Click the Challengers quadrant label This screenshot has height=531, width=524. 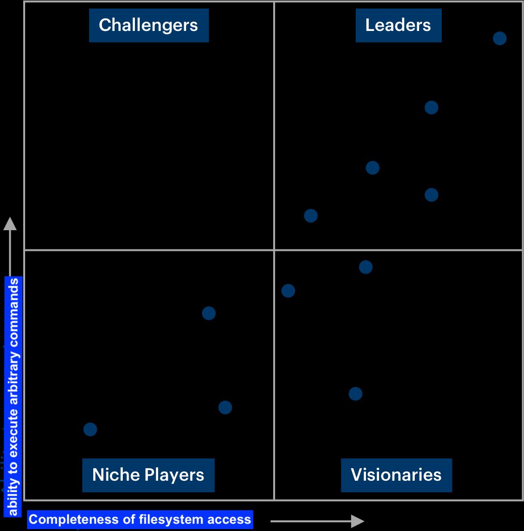[148, 25]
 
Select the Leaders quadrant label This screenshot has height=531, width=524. [398, 25]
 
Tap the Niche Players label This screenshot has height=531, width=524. [148, 475]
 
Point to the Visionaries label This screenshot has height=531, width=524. [396, 475]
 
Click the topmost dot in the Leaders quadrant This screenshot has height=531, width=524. [499, 38]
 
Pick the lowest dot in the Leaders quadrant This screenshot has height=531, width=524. [311, 216]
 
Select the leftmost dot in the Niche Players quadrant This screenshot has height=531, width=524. [90, 429]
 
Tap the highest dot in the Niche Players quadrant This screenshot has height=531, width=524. [209, 313]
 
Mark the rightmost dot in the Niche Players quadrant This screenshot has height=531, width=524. [225, 408]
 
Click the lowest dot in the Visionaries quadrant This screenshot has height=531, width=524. [355, 394]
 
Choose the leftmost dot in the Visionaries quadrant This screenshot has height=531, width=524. [288, 291]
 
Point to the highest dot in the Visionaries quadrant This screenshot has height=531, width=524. [366, 267]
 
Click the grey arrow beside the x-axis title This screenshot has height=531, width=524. [317, 521]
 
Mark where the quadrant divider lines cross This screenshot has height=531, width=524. [274, 250]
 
